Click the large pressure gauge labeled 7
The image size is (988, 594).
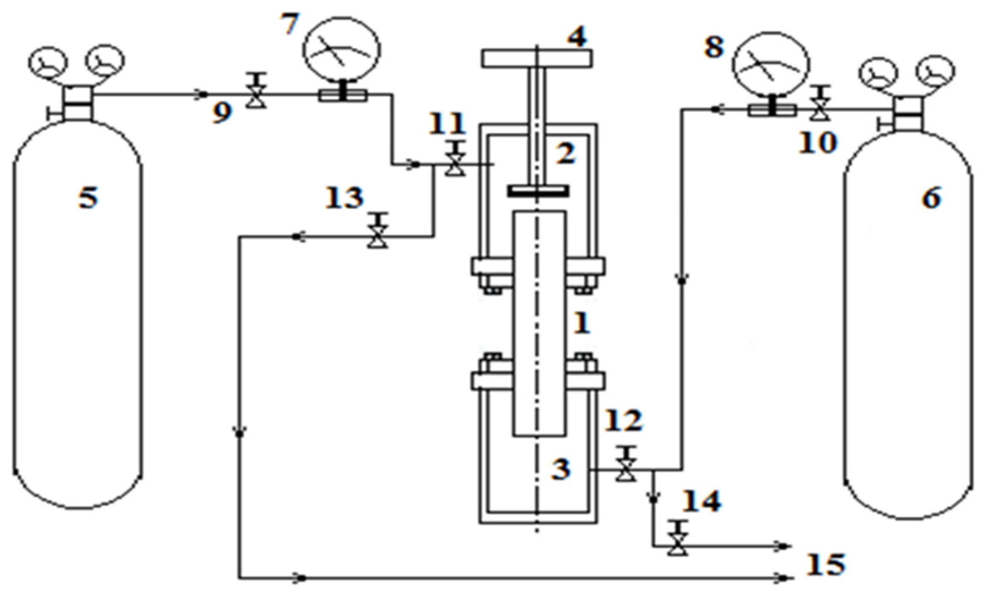tap(341, 49)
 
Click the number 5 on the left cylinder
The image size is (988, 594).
tap(88, 198)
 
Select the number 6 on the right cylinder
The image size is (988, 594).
tap(931, 198)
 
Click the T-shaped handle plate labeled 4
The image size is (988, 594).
tap(537, 59)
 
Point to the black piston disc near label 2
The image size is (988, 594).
tap(538, 192)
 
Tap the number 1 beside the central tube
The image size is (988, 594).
tap(582, 323)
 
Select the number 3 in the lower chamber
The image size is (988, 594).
tap(561, 469)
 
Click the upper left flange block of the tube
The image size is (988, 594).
tap(491, 267)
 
